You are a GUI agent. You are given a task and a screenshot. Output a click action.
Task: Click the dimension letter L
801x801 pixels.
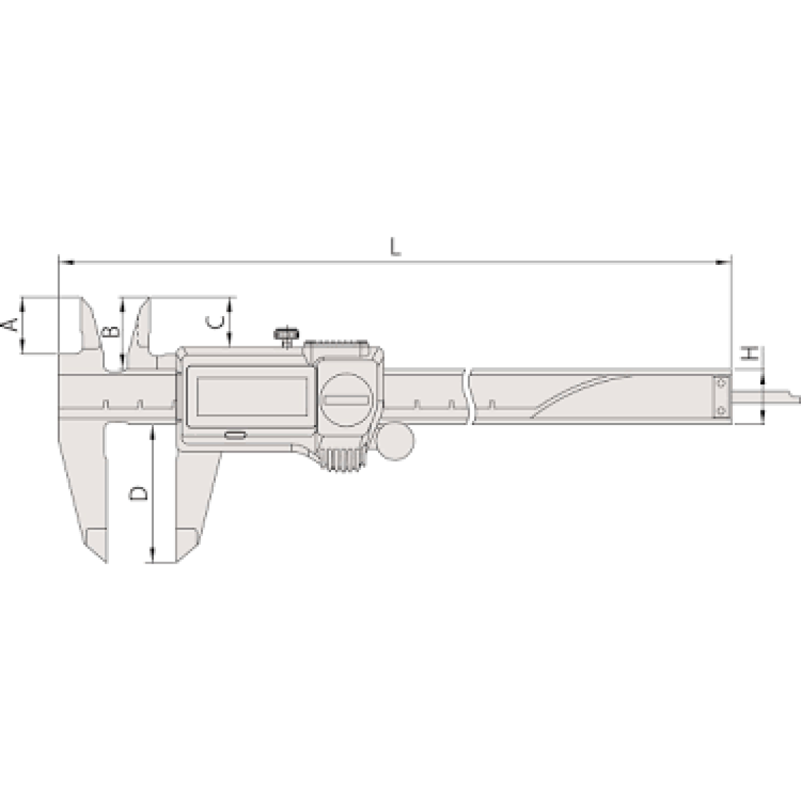395,247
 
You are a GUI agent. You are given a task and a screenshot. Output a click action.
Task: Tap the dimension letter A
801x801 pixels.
11,325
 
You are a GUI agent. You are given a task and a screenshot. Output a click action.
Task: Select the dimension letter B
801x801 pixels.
111,331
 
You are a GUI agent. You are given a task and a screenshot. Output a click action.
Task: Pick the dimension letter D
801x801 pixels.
138,493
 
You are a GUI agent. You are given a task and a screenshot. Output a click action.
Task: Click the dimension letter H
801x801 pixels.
750,353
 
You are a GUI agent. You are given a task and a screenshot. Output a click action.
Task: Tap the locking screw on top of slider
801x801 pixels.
285,337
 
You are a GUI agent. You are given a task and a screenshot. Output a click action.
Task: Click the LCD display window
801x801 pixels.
252,396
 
